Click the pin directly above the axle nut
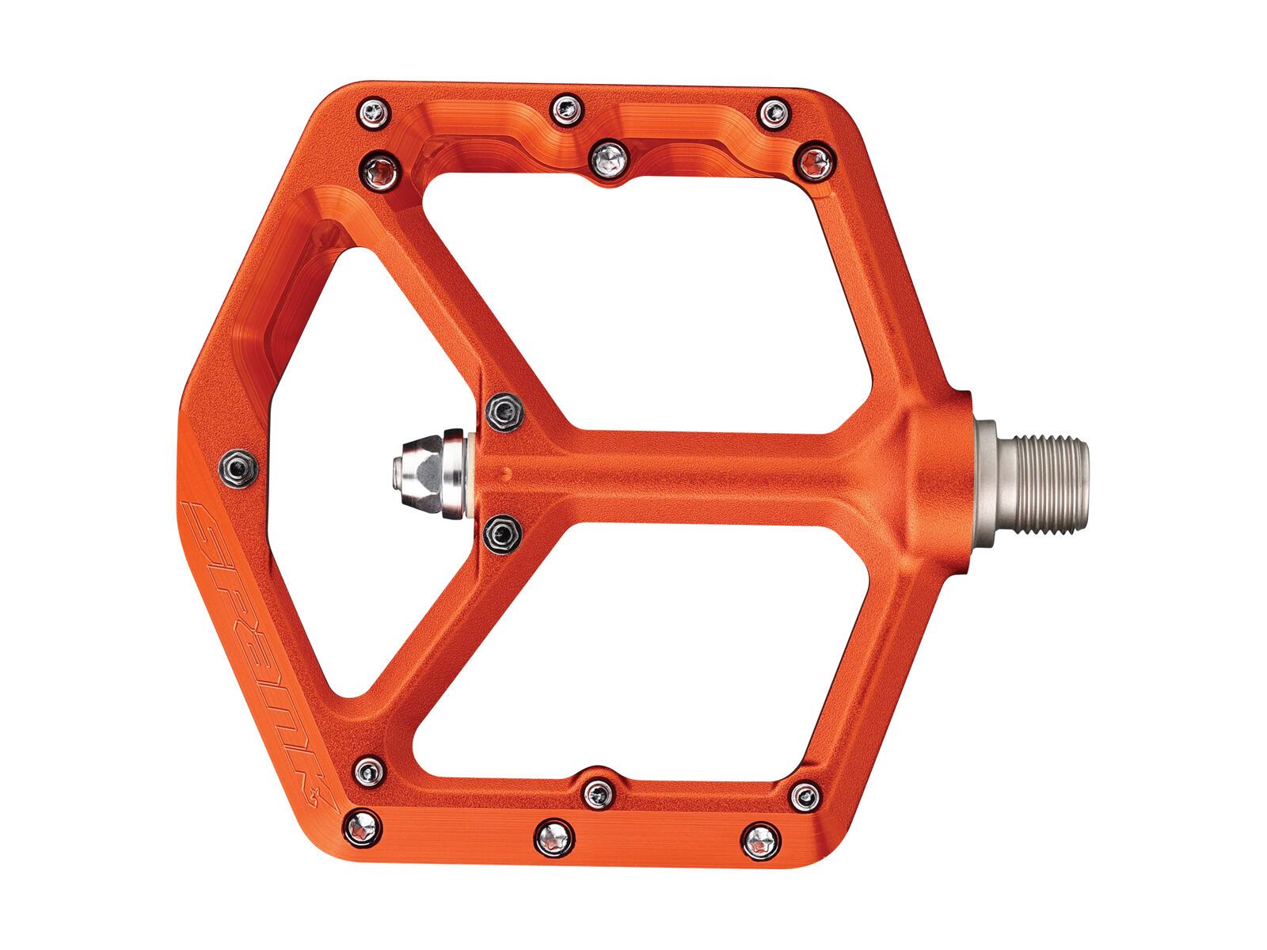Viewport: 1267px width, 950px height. point(504,411)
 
